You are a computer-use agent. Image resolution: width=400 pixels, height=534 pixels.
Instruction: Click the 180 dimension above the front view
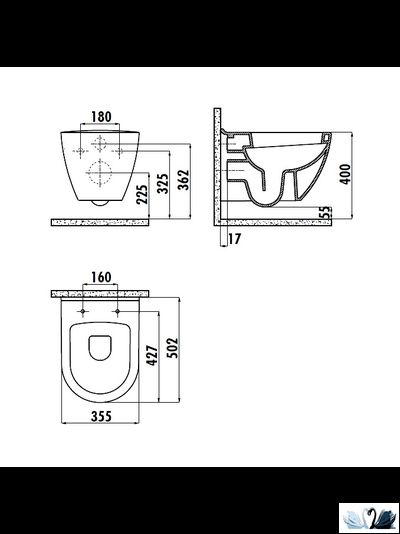tap(99, 116)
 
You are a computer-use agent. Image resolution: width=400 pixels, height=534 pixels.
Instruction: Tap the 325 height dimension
tap(163, 185)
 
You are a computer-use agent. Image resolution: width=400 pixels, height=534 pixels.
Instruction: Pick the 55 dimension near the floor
tap(326, 213)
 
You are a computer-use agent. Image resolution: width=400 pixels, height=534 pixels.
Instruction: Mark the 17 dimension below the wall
tap(234, 239)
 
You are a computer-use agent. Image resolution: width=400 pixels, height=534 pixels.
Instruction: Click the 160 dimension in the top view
tap(100, 277)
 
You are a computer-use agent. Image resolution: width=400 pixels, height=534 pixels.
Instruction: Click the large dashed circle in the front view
tap(100, 173)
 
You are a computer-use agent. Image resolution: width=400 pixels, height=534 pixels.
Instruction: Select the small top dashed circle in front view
tap(100, 142)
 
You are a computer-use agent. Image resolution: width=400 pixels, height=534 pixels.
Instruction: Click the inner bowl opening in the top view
tap(100, 347)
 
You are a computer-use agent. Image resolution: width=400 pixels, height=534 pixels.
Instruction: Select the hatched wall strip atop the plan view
tap(100, 294)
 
